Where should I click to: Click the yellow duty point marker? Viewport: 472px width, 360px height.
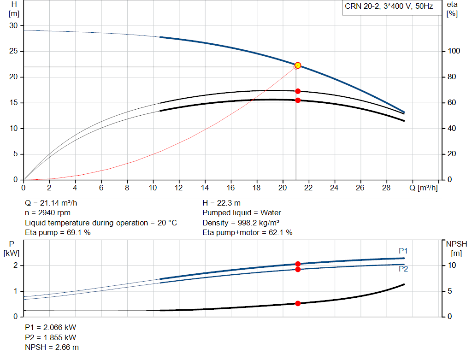coord(298,65)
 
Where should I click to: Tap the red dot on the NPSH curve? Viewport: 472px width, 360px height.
coord(298,303)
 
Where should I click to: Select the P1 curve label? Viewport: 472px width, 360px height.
coord(403,251)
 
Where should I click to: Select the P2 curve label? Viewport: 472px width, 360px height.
coord(403,269)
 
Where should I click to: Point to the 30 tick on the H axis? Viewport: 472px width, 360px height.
coord(13,26)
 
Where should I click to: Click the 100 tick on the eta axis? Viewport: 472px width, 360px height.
coord(454,51)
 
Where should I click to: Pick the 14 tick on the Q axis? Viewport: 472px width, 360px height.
coord(205,188)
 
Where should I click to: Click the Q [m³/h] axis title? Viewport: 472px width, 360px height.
coord(423,188)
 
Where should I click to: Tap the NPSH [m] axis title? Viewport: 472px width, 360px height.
coord(456,248)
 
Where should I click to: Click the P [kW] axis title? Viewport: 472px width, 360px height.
coord(12,248)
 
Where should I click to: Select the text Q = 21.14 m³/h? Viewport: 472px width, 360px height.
coord(51,203)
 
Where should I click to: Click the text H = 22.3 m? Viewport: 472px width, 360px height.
coord(222,203)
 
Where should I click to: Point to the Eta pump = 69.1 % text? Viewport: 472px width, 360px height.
coord(58,232)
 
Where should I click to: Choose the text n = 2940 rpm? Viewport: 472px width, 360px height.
coord(47,213)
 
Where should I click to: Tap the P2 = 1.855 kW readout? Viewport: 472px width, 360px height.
coord(51,337)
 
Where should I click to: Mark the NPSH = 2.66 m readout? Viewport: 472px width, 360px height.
coord(52,347)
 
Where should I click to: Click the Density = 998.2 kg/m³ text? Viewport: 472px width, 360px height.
coord(241,223)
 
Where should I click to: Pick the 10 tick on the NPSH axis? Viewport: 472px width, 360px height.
coord(452,265)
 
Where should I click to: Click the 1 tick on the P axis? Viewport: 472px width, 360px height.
coord(15,291)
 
